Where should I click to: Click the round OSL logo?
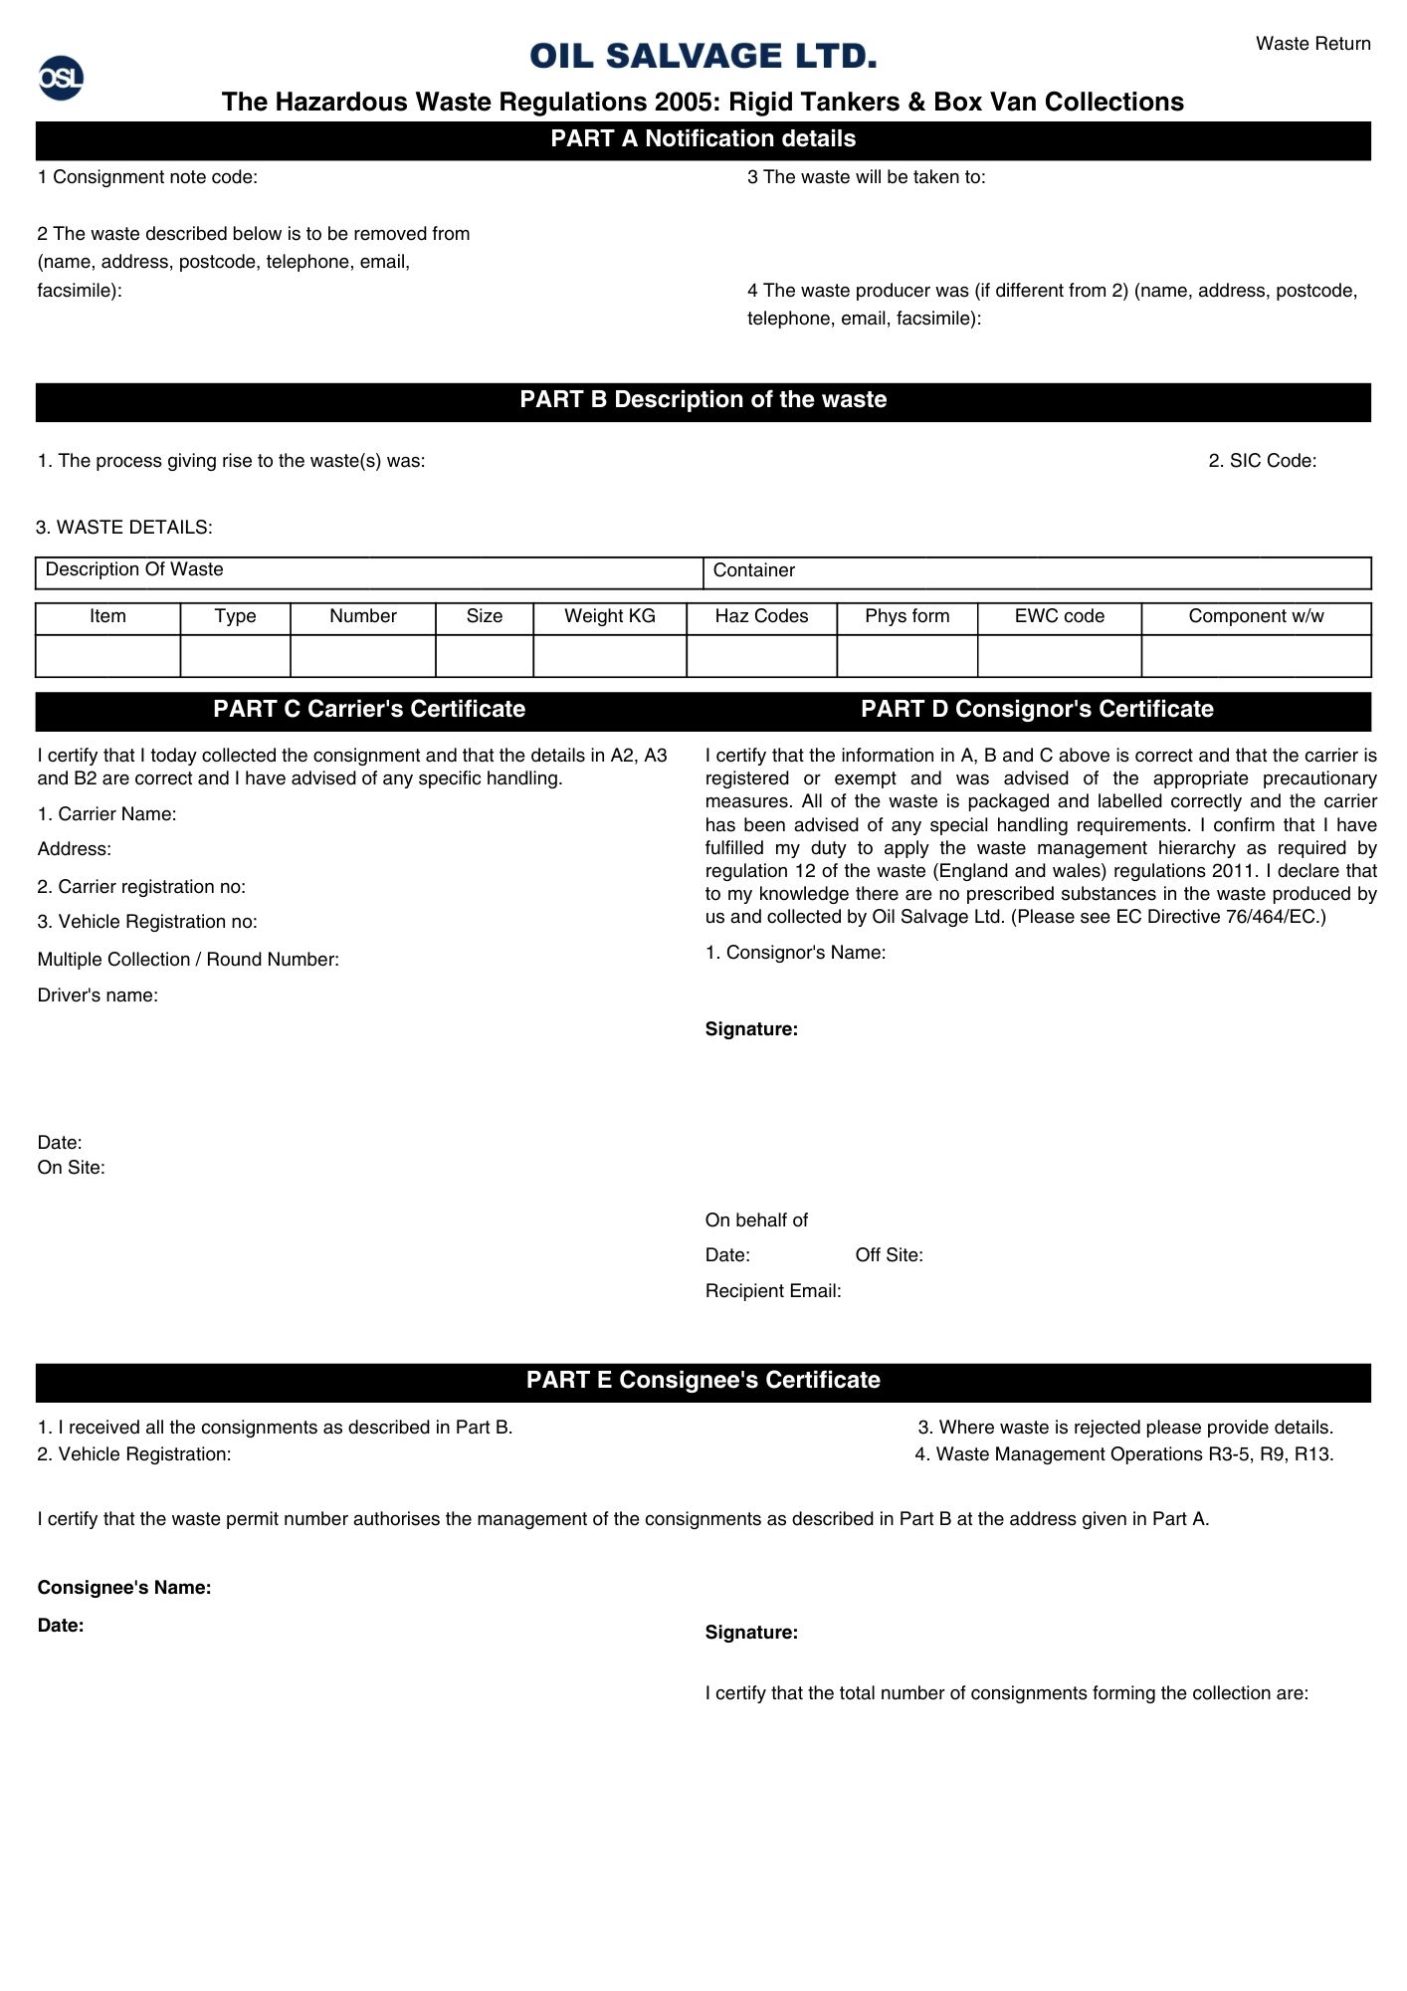coord(61,78)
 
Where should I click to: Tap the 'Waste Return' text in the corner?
coord(1312,44)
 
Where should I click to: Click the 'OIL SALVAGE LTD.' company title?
coord(703,56)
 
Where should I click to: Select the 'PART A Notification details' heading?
coord(703,139)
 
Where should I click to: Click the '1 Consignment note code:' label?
coord(147,177)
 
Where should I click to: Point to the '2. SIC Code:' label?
coord(1262,461)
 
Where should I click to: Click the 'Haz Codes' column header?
coord(761,616)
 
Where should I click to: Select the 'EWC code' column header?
coord(1059,616)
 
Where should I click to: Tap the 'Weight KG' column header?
coord(609,616)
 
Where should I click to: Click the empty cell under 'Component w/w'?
coord(1256,656)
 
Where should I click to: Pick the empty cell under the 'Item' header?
coord(107,656)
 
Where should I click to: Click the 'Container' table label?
coord(753,570)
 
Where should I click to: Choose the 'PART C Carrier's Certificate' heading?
coord(369,709)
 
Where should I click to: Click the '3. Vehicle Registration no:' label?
coord(147,922)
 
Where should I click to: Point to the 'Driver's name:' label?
coord(98,995)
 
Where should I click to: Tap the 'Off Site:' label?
coord(889,1255)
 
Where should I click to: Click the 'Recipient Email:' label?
coord(773,1291)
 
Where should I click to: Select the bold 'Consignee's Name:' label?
coord(124,1588)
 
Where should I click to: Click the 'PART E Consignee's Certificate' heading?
coord(703,1380)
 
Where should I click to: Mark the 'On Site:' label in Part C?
coord(71,1168)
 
